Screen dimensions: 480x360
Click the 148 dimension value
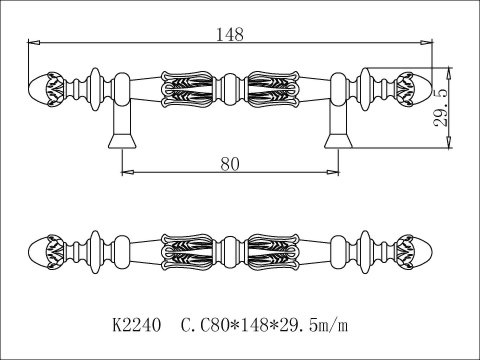(230, 34)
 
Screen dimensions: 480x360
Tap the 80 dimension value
(230, 164)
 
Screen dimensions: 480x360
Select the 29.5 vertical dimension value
(440, 108)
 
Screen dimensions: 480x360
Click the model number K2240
(137, 325)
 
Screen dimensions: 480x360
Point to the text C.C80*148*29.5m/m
(264, 325)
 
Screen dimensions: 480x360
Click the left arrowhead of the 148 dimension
(34, 42)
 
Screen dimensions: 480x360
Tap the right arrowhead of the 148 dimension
(426, 42)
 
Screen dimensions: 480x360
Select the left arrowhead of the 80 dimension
(128, 172)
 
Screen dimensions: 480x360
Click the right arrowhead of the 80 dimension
(332, 172)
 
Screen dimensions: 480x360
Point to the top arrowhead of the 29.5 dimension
(450, 73)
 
